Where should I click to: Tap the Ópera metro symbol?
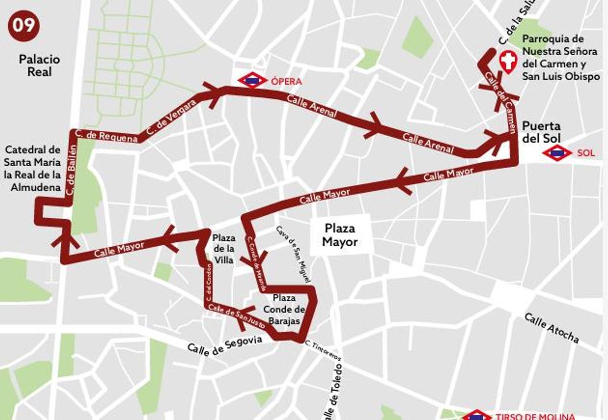click(x=252, y=81)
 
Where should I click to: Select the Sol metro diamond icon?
click(x=557, y=152)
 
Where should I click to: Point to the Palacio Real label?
click(x=40, y=65)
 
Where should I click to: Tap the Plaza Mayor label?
click(x=339, y=235)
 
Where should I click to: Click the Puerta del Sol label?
click(x=541, y=131)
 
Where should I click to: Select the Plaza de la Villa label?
click(x=223, y=248)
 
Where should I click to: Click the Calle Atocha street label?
click(x=551, y=328)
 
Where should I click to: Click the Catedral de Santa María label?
click(x=33, y=169)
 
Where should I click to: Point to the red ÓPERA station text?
click(x=286, y=82)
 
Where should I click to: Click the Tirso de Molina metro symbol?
click(x=477, y=415)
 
